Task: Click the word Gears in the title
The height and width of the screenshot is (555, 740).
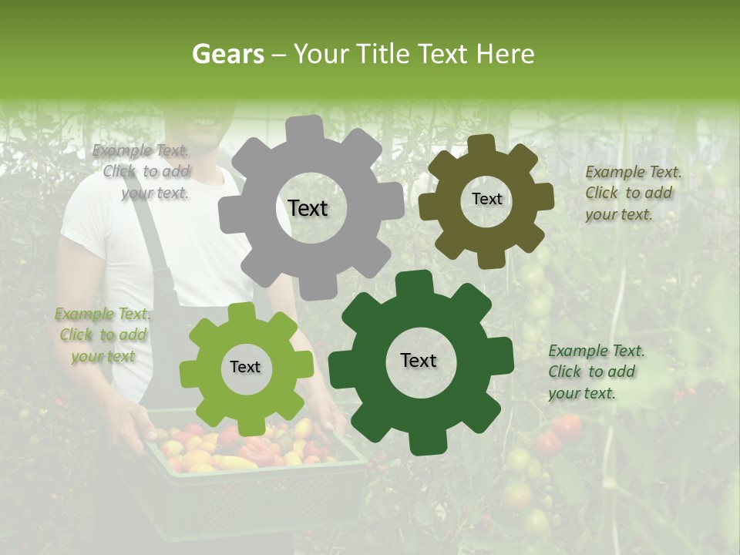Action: [227, 54]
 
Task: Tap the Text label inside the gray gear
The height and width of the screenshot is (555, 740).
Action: [308, 208]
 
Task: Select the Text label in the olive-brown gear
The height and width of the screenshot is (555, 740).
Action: [486, 199]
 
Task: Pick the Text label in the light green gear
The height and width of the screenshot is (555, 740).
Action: [245, 367]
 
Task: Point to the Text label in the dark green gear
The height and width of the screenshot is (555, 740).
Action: [419, 360]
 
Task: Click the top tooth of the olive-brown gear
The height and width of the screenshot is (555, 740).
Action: [482, 144]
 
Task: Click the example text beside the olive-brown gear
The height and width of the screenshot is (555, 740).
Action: [632, 193]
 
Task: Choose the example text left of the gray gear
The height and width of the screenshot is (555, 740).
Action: [143, 172]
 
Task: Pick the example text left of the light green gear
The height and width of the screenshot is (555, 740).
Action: [103, 335]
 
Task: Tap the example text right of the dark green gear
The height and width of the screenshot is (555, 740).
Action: [595, 372]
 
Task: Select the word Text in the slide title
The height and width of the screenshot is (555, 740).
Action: [443, 54]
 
